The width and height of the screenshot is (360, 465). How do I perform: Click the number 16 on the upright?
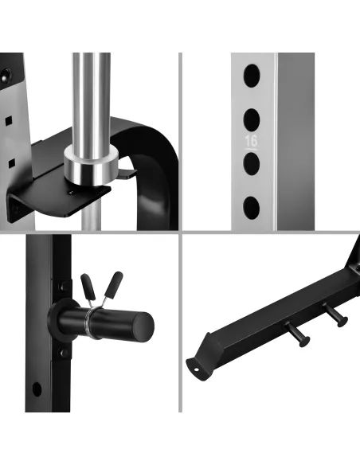click(251, 141)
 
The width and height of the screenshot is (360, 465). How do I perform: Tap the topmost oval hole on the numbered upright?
click(252, 76)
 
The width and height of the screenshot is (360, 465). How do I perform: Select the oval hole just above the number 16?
click(252, 119)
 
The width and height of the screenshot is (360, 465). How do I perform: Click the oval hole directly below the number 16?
click(252, 164)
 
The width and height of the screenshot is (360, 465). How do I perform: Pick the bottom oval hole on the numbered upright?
click(252, 208)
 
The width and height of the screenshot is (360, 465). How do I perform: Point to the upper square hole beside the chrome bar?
click(10, 120)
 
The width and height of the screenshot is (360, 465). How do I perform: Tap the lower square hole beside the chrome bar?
click(11, 163)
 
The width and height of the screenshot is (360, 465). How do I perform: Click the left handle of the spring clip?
click(88, 287)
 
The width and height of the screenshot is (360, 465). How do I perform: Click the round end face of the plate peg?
click(143, 326)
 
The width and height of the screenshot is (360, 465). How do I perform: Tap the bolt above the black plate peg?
click(63, 287)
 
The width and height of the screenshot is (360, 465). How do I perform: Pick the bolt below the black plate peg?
click(63, 353)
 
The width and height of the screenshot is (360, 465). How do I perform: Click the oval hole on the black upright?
click(37, 389)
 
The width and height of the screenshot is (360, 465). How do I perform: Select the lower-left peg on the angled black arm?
click(298, 334)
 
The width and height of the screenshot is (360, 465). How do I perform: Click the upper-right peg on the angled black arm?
click(335, 315)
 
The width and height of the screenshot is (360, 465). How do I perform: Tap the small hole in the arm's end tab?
click(196, 369)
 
